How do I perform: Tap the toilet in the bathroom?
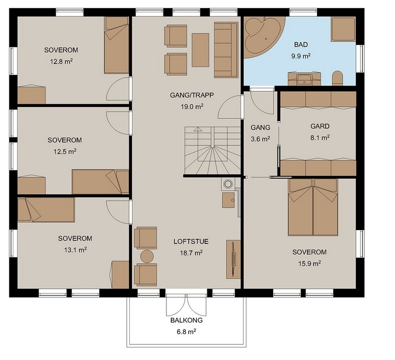pyautogui.click(x=338, y=78)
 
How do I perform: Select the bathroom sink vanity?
pyautogui.click(x=304, y=79)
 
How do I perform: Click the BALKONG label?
pyautogui.click(x=187, y=320)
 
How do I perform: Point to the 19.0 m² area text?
pyautogui.click(x=192, y=107)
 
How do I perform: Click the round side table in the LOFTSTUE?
pyautogui.click(x=147, y=256)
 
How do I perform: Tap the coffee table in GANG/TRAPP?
pyautogui.click(x=200, y=50)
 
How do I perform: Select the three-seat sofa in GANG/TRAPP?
pyautogui.click(x=226, y=49)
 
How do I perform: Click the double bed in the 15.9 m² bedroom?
pyautogui.click(x=313, y=207)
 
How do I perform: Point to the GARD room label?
pyautogui.click(x=319, y=126)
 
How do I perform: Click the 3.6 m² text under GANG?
pyautogui.click(x=261, y=139)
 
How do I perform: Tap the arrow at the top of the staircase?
pyautogui.click(x=198, y=129)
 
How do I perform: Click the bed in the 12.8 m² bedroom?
pyautogui.click(x=117, y=45)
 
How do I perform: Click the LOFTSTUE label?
pyautogui.click(x=191, y=241)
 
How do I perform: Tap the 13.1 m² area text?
pyautogui.click(x=76, y=250)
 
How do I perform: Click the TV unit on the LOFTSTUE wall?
pyautogui.click(x=233, y=259)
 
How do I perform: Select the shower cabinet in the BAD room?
pyautogui.click(x=343, y=29)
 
